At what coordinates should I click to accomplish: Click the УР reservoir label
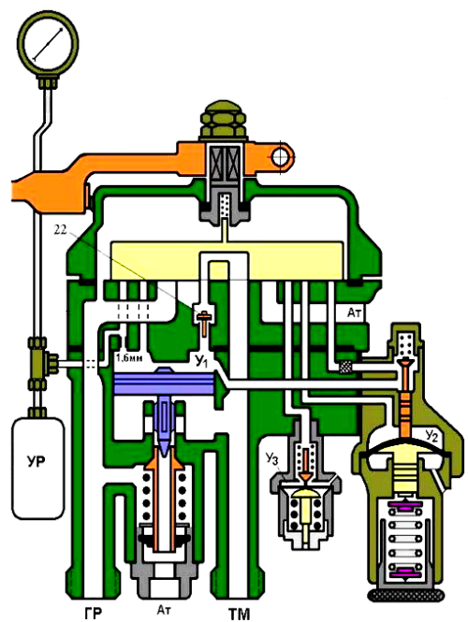click(37, 462)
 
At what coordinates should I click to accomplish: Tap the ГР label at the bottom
click(94, 613)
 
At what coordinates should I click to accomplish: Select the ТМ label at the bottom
click(239, 614)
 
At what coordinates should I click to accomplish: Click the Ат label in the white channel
click(355, 312)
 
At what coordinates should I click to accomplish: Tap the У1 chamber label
click(200, 361)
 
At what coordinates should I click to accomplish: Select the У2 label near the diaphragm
click(431, 436)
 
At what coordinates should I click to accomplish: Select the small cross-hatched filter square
click(345, 368)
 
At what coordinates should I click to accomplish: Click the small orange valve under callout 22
click(204, 323)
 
